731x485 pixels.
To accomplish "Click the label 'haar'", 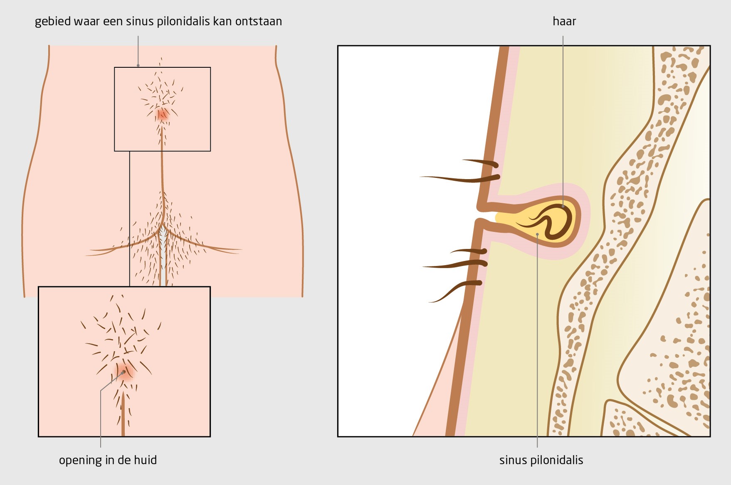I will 564,21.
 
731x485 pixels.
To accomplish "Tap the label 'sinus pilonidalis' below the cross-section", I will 541,460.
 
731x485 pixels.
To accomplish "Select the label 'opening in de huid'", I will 108,460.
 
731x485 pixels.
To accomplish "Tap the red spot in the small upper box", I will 162,114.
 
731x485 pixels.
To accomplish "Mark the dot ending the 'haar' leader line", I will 563,206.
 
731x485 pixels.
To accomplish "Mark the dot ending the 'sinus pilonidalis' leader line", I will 537,234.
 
